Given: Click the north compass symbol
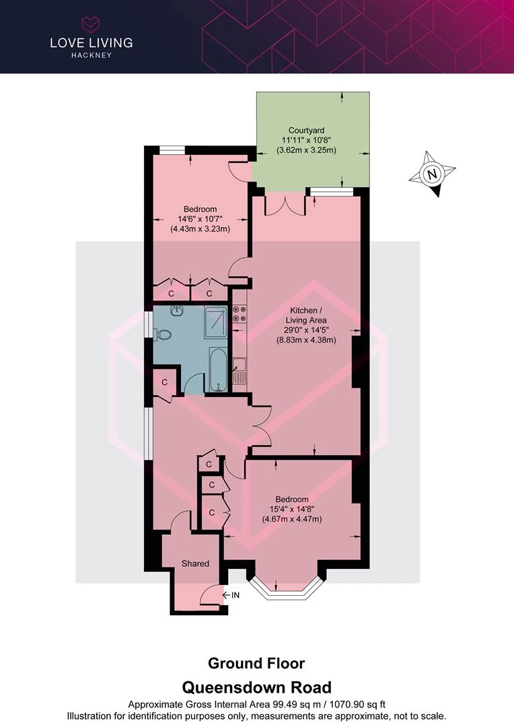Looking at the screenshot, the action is click(433, 174).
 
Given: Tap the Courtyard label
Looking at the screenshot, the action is click(306, 131).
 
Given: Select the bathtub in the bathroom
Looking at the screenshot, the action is click(218, 370).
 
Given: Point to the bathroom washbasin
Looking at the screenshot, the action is click(177, 310).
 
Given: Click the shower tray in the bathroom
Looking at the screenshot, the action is click(216, 322).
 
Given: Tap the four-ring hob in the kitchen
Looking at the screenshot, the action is click(240, 314).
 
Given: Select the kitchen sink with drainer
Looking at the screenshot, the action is click(240, 370).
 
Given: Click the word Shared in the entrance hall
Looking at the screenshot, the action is click(195, 563).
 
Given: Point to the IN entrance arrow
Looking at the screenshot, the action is click(231, 595).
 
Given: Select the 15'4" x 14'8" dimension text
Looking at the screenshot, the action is click(292, 509).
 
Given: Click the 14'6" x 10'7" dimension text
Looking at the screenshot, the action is click(200, 219).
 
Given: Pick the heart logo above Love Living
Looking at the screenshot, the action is click(91, 24).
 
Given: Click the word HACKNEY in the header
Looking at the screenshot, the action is click(91, 55).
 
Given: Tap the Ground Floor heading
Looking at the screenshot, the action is click(256, 664).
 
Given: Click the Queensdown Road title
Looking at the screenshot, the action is click(257, 687).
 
